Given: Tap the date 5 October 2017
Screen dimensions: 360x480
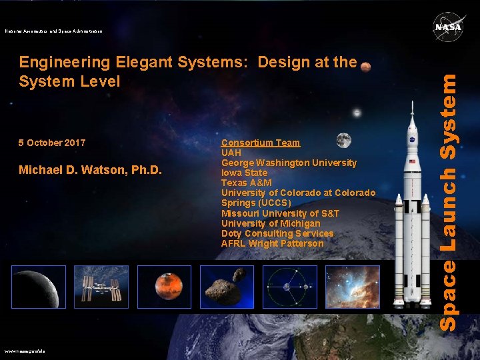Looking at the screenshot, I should point(52,143).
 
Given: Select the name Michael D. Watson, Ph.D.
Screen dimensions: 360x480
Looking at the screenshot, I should point(90,170).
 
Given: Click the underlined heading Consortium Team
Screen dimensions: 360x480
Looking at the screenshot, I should point(261,143).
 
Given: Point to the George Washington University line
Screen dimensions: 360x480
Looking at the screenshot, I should point(289,163).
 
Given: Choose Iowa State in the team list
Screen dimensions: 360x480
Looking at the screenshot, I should point(244,173).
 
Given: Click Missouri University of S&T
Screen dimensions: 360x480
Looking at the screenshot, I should point(280,213).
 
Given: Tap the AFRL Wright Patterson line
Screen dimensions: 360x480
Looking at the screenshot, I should point(272,243).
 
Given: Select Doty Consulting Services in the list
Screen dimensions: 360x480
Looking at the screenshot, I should point(277,233).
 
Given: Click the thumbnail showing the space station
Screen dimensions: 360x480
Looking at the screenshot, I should point(101,287).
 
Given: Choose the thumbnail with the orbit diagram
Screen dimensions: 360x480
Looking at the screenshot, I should point(290,287).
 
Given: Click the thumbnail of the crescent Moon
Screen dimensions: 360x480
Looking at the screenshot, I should point(39,287).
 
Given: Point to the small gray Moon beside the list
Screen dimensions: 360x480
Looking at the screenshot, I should point(343,140).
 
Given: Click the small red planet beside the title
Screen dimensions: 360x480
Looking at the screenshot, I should point(365,66).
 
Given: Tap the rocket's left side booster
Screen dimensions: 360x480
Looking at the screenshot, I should point(399,247).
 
